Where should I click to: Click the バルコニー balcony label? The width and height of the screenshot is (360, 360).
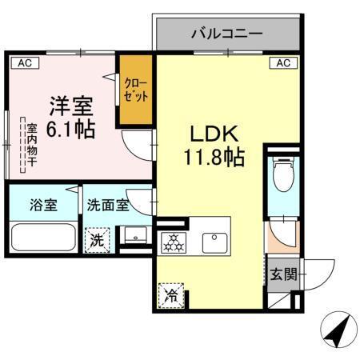[227, 34]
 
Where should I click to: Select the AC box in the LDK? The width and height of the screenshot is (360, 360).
[282, 62]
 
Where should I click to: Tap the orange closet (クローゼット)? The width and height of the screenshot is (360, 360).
[136, 89]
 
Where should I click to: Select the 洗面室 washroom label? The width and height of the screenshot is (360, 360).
[107, 204]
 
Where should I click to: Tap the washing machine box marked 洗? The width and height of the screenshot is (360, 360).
[97, 238]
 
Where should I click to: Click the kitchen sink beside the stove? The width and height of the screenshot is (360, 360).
[214, 239]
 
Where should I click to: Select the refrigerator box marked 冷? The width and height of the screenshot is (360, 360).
[171, 294]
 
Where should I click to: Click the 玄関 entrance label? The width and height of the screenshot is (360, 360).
[283, 274]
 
